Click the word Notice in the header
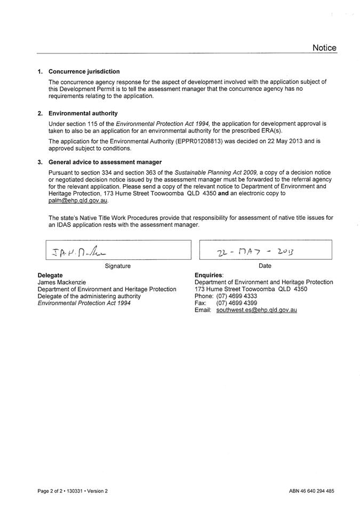tap(324, 48)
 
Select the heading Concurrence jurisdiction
tap(84, 71)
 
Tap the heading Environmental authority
tap(83, 114)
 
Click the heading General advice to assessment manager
tap(105, 162)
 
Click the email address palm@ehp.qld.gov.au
tap(78, 201)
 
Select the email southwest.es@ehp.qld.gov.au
tap(257, 309)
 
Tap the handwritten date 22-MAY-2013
tap(256, 250)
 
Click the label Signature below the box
tap(118, 266)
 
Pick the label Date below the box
tap(265, 266)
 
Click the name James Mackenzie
tap(62, 282)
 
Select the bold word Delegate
tap(50, 275)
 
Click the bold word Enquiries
tap(209, 275)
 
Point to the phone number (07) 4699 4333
tap(237, 296)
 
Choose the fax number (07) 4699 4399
tap(237, 303)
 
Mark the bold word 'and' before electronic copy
tap(224, 193)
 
